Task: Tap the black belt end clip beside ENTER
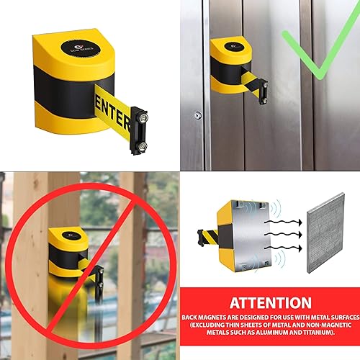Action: coord(139,130)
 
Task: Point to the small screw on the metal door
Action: coord(197,114)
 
